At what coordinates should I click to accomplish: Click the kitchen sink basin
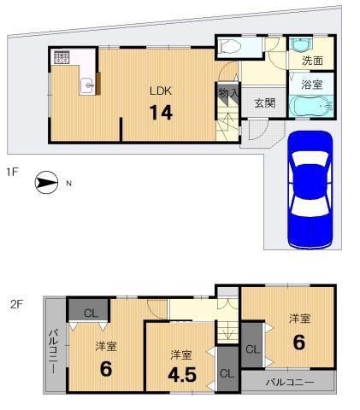point(86,85)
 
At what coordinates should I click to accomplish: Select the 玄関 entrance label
point(263,102)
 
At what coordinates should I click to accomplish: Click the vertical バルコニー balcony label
point(52,355)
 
